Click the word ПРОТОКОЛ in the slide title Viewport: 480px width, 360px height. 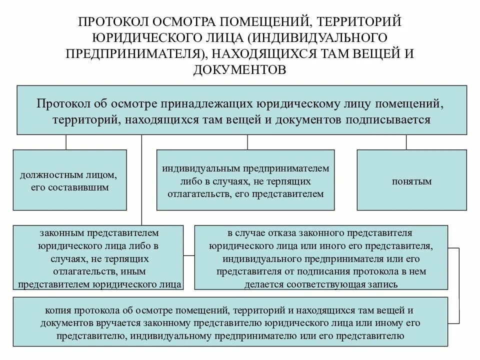pyautogui.click(x=109, y=22)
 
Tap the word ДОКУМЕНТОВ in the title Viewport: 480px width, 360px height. pyautogui.click(x=239, y=69)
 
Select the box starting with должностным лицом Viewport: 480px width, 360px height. pyautogui.click(x=69, y=179)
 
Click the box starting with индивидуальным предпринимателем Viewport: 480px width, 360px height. pyautogui.click(x=245, y=179)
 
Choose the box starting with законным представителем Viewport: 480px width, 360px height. pyautogui.click(x=98, y=257)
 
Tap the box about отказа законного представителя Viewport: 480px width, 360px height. pyautogui.click(x=320, y=257)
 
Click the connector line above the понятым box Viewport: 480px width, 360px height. pyautogui.click(x=406, y=142)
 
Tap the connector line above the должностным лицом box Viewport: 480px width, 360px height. pyautogui.click(x=66, y=142)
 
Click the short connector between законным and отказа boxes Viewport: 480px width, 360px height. pyautogui.click(x=188, y=256)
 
